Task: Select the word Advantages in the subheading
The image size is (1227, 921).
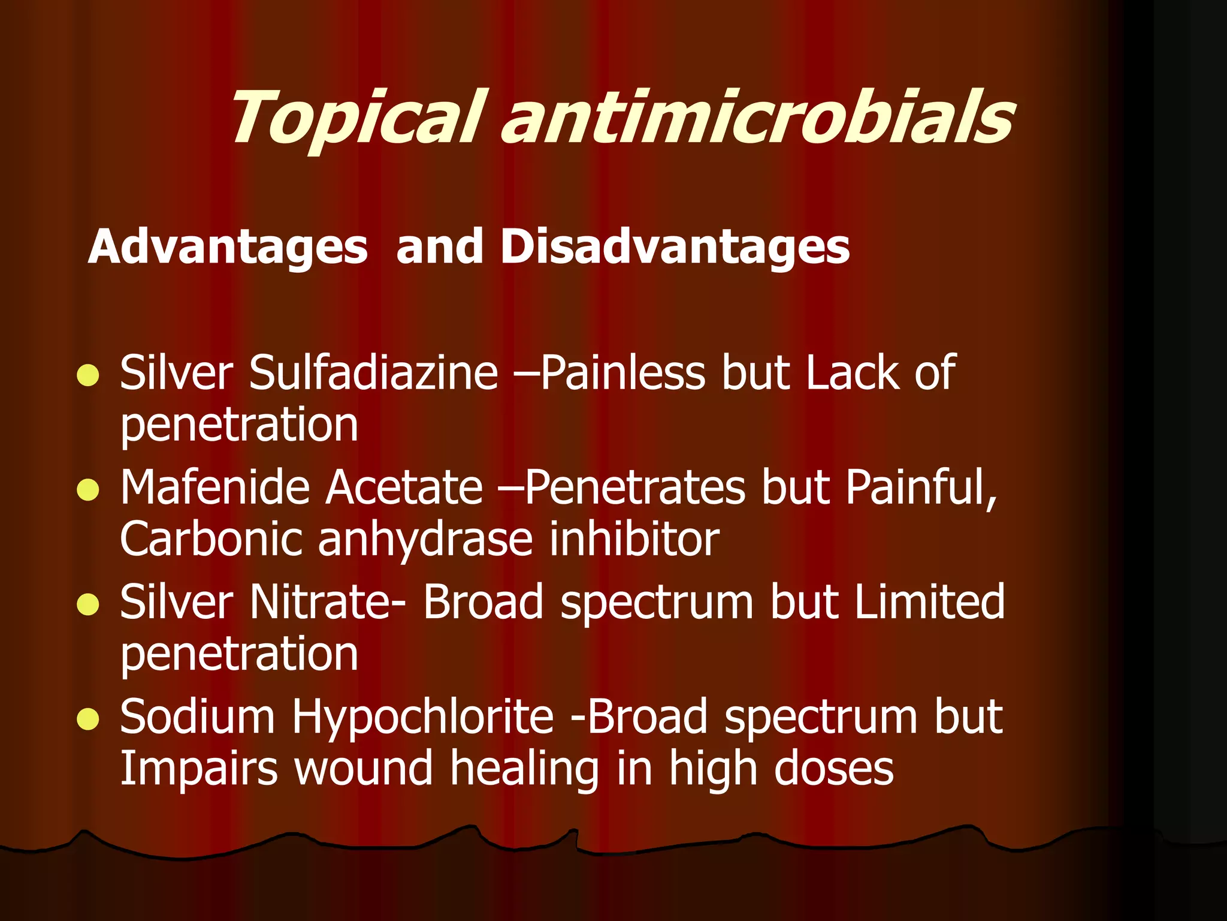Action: click(x=228, y=247)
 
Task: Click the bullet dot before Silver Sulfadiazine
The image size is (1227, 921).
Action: click(x=88, y=375)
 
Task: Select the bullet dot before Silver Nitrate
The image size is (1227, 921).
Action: click(x=88, y=604)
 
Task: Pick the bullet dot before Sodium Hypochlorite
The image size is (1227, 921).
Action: click(x=88, y=719)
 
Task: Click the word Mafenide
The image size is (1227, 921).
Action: click(x=214, y=487)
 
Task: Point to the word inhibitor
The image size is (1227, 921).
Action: click(x=634, y=538)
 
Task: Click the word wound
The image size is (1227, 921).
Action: click(x=364, y=769)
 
